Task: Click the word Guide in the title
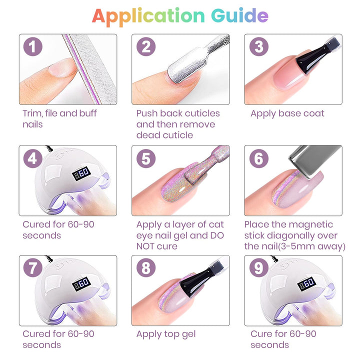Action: pos(239,15)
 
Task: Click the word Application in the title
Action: pos(148,17)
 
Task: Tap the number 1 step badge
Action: pos(33,46)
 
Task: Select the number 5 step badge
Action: pos(146,158)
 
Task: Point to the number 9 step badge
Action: pos(259,267)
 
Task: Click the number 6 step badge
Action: pos(259,158)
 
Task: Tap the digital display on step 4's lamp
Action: pos(81,173)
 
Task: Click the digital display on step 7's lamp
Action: pos(81,284)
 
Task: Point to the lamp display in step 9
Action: pos(306,284)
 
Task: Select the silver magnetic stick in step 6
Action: pos(314,160)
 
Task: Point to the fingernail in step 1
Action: pos(62,67)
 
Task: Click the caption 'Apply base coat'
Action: pos(287,113)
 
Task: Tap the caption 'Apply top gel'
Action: pos(166,334)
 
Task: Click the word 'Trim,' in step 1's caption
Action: pos(32,113)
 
